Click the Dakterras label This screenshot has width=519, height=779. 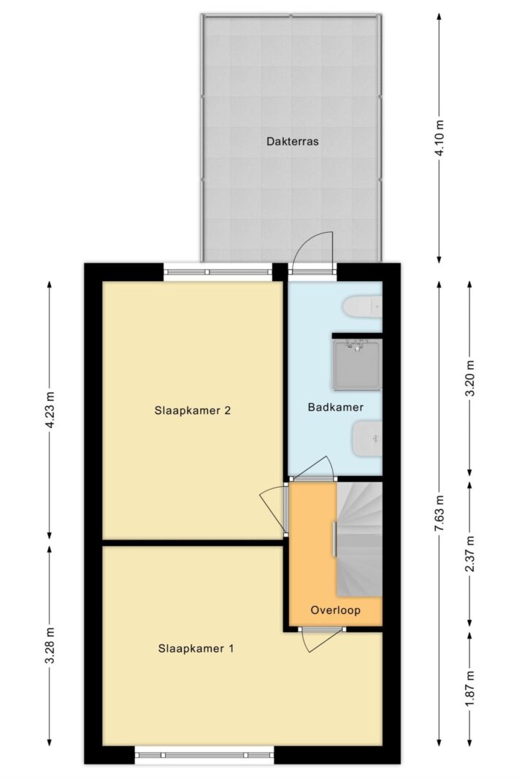tap(292, 141)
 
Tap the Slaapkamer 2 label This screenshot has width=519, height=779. tap(193, 410)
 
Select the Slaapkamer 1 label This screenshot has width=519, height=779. tap(196, 648)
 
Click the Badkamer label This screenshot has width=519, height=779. tap(336, 407)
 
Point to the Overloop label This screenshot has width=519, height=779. tap(336, 610)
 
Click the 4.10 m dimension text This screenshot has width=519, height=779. tap(439, 139)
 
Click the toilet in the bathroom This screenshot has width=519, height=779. tap(363, 307)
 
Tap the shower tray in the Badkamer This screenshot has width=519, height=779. tap(358, 364)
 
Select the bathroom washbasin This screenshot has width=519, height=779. tap(367, 438)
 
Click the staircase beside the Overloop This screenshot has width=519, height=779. tap(360, 539)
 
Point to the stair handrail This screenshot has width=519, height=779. tap(335, 539)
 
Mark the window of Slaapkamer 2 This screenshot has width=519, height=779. tap(218, 272)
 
